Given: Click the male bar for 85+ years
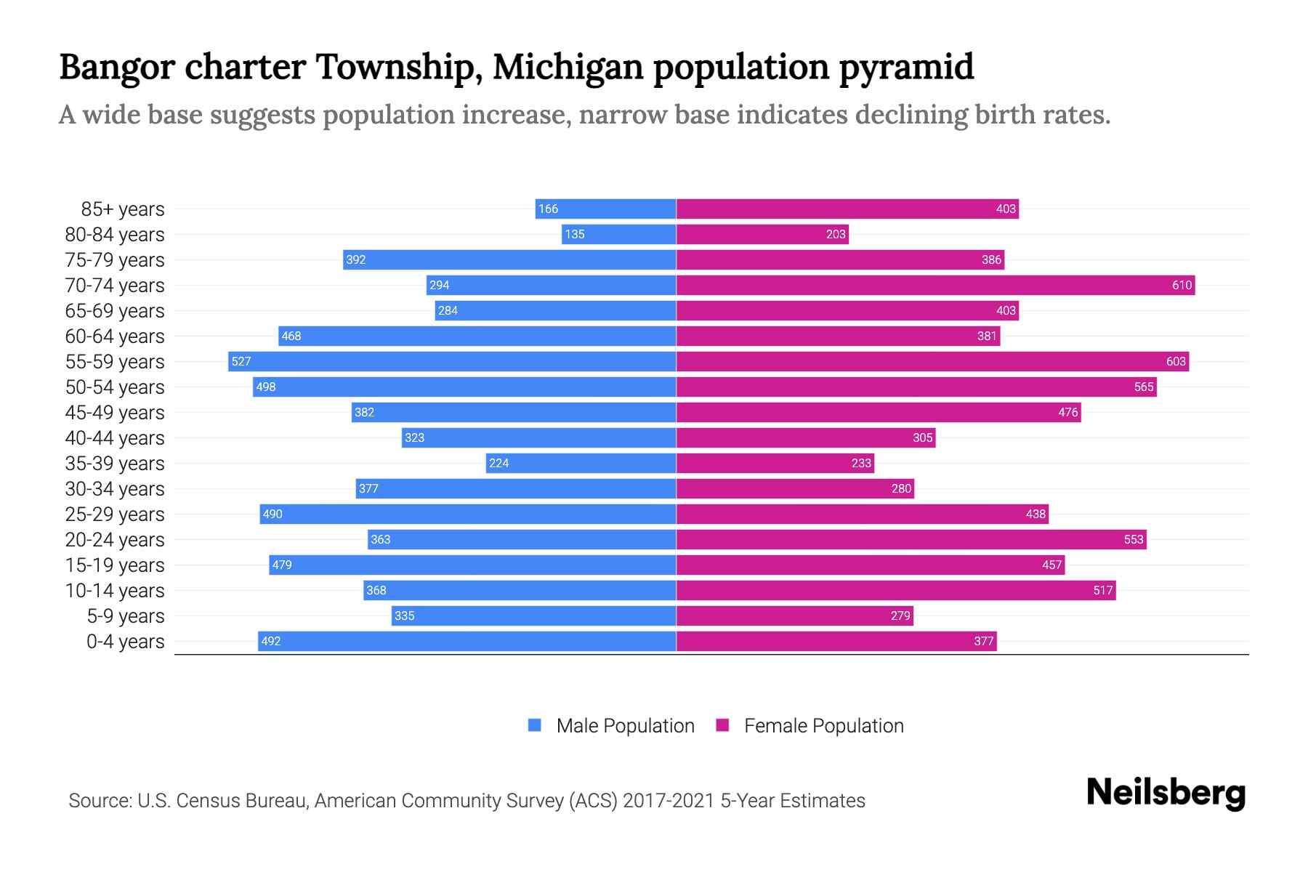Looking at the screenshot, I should coord(605,209).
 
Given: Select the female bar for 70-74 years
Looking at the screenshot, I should coord(935,286).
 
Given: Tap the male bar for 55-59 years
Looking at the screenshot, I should coord(452,362).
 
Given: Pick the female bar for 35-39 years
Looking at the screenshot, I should coord(775,464).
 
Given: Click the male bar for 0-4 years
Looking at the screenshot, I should coord(467,642).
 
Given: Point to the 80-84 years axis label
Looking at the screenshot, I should coord(115,235).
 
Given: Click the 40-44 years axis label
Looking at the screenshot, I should coord(115,438).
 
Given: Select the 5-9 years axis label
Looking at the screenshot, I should coord(126,616).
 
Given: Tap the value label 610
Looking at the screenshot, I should coord(1182,286).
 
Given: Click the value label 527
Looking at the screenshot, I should coord(241,362).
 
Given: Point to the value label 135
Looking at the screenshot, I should coord(575,235).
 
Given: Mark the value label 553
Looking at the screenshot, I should coord(1134,540).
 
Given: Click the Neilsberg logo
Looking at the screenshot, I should coord(1166,793).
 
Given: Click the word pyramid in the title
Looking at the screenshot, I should coord(906,68).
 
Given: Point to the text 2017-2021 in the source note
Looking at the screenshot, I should coord(669,801).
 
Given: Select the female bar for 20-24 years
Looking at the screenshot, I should coord(911,540).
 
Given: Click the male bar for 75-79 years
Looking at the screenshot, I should coord(509,260).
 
